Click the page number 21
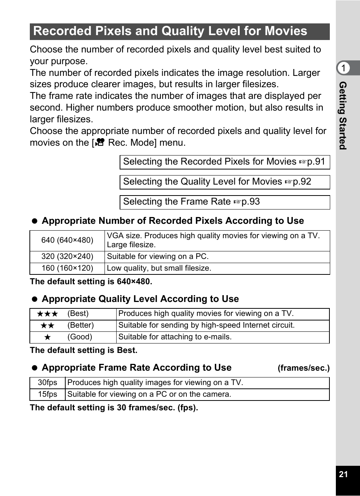click(x=343, y=474)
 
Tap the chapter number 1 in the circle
click(x=343, y=68)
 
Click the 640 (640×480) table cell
click(x=67, y=240)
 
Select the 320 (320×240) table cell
click(x=67, y=257)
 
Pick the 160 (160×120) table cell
click(x=67, y=268)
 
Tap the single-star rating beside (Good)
click(x=48, y=337)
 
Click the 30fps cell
click(x=48, y=383)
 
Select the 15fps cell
click(x=48, y=394)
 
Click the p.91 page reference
click(x=315, y=162)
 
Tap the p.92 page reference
click(x=302, y=182)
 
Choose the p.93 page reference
click(x=250, y=202)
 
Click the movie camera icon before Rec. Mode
click(x=100, y=143)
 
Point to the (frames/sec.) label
click(x=303, y=368)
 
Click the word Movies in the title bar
click(x=286, y=31)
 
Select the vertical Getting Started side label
click(x=343, y=116)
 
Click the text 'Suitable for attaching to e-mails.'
click(x=175, y=337)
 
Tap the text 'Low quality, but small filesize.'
click(x=159, y=268)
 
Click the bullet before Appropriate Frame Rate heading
click(x=35, y=368)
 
